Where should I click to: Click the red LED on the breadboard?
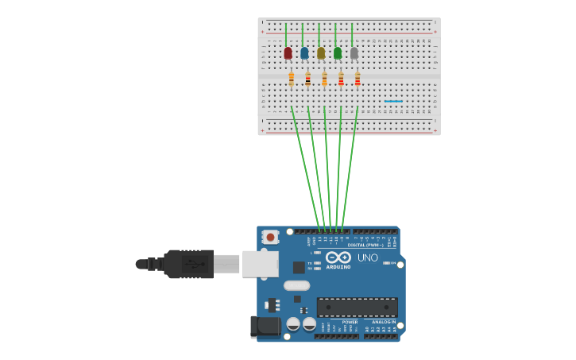pyautogui.click(x=288, y=53)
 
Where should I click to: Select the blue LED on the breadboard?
pyautogui.click(x=304, y=53)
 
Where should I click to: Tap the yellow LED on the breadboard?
pyautogui.click(x=321, y=53)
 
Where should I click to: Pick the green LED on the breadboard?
pyautogui.click(x=338, y=53)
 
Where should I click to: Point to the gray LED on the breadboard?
pyautogui.click(x=354, y=53)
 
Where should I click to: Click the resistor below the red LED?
pyautogui.click(x=292, y=79)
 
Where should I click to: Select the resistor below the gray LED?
pyautogui.click(x=358, y=79)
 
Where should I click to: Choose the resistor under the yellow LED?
pyautogui.click(x=324, y=79)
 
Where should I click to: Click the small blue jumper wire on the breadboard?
pyautogui.click(x=392, y=101)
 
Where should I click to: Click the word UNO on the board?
pyautogui.click(x=368, y=257)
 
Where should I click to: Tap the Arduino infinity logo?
pyautogui.click(x=338, y=257)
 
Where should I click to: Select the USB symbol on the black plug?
pyautogui.click(x=193, y=263)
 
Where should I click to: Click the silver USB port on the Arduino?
pyautogui.click(x=260, y=263)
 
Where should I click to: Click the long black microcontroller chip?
pyautogui.click(x=357, y=307)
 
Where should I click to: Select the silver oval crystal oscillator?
pyautogui.click(x=296, y=285)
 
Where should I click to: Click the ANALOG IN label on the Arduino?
pyautogui.click(x=383, y=322)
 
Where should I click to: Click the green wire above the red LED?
pyautogui.click(x=286, y=34)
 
